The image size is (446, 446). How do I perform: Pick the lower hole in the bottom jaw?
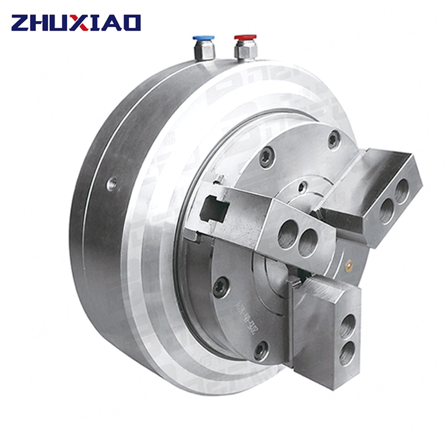pos(346,353)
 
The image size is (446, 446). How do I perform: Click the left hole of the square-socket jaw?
pos(288,234)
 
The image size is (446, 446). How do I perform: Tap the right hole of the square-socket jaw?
pos(308,243)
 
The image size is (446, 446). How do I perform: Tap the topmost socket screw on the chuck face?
pos(333,139)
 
